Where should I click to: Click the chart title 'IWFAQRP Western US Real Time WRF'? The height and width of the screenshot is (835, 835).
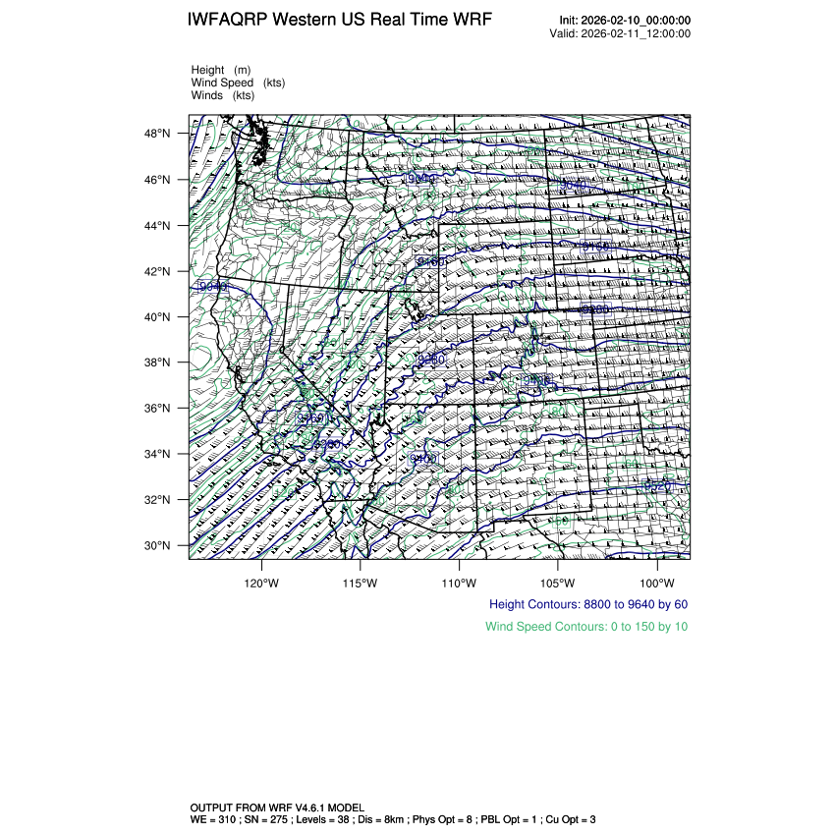(x=340, y=21)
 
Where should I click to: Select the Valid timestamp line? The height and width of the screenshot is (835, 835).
(x=620, y=33)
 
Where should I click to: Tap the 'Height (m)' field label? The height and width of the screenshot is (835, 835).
(x=221, y=70)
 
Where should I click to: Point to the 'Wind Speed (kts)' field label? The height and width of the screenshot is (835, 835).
(x=238, y=83)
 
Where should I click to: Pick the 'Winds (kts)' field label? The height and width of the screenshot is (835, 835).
(x=223, y=95)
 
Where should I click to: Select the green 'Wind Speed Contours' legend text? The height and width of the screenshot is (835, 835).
(x=586, y=627)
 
